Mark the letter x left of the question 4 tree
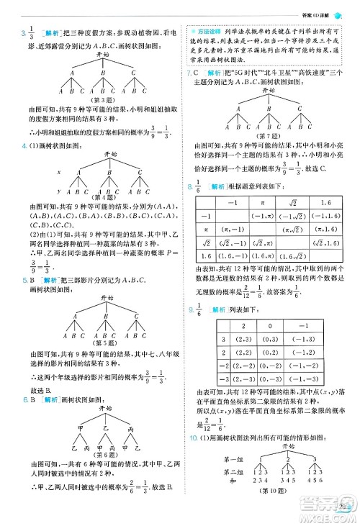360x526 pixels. (x=59, y=173)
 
